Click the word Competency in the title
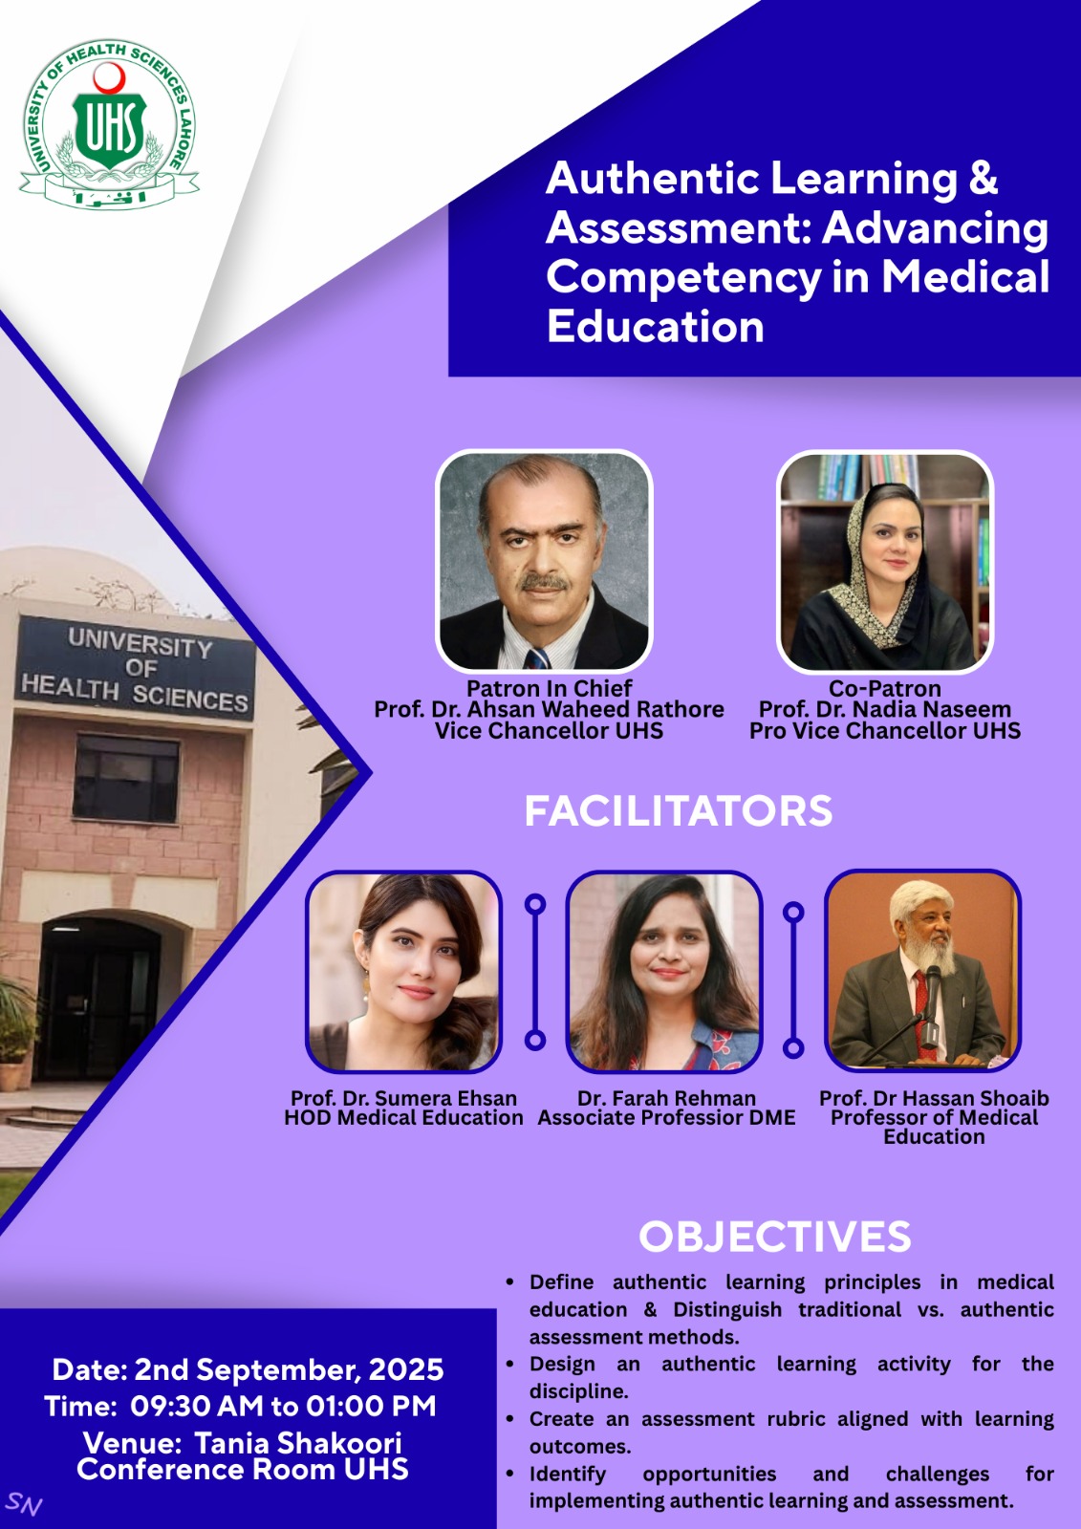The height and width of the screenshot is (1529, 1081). pos(682,277)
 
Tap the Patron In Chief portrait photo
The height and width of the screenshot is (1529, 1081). pos(544,561)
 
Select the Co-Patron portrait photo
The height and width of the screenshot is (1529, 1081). pos(885,561)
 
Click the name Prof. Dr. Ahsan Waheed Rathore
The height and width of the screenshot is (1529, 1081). pos(549,709)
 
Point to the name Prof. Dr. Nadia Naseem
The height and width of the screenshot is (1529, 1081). pos(885,709)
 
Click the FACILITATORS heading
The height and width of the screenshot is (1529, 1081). pos(678,810)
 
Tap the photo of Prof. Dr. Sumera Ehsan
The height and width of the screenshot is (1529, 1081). pos(403,971)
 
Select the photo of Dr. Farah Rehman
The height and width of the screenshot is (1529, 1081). pos(664,971)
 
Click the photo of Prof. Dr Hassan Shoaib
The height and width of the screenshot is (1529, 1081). pos(922,969)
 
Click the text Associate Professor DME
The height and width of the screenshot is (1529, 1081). pos(666,1118)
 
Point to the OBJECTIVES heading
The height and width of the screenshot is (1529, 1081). pos(774,1237)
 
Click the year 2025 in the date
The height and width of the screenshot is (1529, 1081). pos(406,1369)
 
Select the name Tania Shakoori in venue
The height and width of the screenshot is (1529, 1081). pos(298,1442)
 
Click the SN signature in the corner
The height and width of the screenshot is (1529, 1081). pos(23,1504)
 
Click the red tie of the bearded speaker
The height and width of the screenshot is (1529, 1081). pos(921,1000)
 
